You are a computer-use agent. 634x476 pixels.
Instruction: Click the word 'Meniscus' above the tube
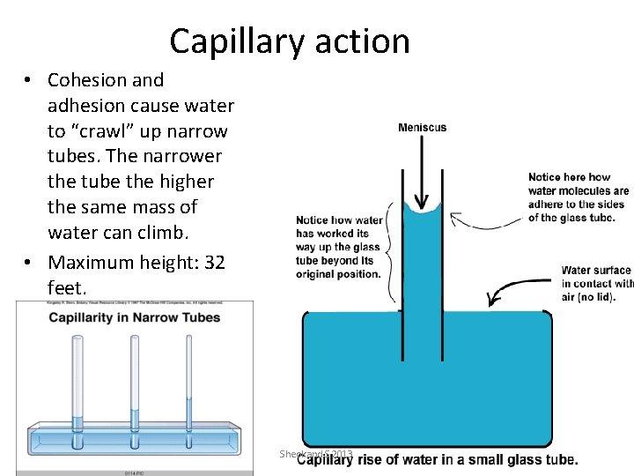point(422,128)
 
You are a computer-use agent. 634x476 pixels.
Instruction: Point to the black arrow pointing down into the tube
point(422,172)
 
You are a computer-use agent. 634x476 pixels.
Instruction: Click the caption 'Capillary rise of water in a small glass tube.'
point(438,459)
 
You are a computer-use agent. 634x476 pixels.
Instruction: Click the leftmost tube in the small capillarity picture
point(77,388)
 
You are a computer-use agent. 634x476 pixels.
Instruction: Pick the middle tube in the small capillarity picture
point(134,388)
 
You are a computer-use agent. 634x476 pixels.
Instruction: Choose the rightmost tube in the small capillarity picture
point(189,388)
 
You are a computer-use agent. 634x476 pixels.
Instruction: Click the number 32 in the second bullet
point(214,262)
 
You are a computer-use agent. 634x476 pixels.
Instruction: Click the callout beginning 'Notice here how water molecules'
point(578,197)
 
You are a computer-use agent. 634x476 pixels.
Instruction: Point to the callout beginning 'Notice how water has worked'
point(339,247)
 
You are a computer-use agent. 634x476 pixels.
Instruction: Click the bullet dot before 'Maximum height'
point(29,262)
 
